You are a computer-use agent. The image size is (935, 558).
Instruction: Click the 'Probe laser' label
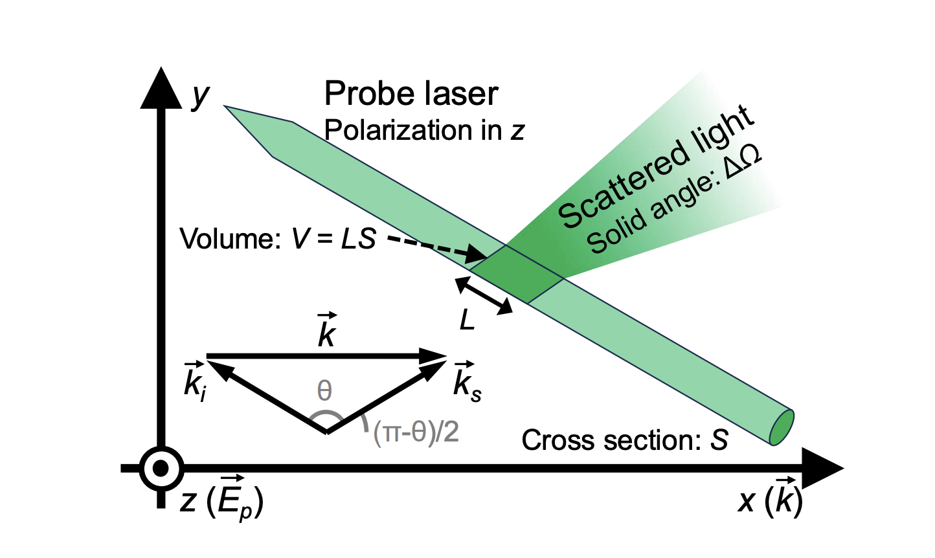tap(411, 95)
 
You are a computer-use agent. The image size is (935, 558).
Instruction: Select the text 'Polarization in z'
tap(423, 131)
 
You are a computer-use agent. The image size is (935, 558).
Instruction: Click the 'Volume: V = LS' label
tap(278, 239)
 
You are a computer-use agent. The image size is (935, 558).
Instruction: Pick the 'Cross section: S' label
tap(624, 440)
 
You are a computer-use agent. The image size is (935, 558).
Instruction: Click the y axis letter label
tap(201, 95)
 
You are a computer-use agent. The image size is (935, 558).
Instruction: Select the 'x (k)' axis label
tap(771, 499)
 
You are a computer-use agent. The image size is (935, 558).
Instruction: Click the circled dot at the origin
tap(161, 468)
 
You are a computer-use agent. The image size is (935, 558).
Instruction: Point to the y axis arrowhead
tap(161, 87)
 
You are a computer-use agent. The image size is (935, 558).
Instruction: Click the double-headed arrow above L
tap(484, 296)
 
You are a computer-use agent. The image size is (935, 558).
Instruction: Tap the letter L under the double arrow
tap(467, 320)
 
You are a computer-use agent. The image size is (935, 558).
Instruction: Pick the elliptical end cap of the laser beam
tap(782, 427)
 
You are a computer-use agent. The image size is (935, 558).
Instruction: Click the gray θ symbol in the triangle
tap(324, 391)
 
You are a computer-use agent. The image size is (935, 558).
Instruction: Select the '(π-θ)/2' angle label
tap(416, 432)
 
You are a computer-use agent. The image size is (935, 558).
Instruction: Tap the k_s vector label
tap(467, 381)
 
